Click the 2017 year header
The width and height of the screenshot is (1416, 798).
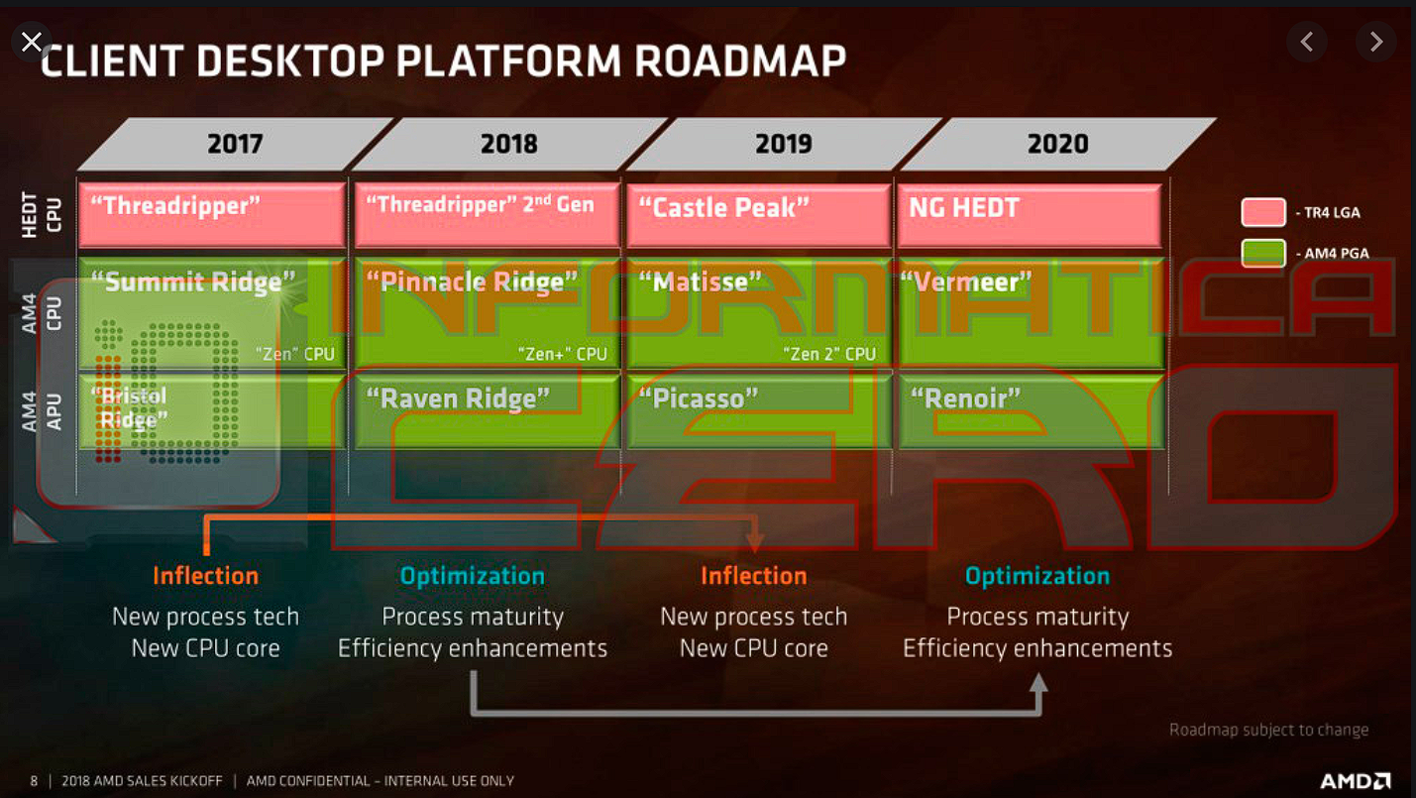[x=235, y=144]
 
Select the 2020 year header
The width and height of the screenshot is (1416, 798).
[x=1057, y=144]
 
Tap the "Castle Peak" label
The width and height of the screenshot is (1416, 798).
[x=723, y=207]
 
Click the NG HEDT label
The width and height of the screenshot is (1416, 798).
[x=964, y=207]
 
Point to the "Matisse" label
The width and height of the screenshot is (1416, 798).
[x=701, y=282]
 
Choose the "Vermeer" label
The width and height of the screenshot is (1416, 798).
[x=966, y=282]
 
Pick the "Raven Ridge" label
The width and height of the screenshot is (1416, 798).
[x=459, y=399]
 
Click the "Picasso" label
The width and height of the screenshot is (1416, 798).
[x=699, y=399]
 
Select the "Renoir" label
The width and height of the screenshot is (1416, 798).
[x=965, y=399]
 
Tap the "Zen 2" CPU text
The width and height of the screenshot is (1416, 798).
[x=829, y=354]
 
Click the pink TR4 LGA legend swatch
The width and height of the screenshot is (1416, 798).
[x=1263, y=212]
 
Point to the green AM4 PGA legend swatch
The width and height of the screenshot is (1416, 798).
[x=1263, y=253]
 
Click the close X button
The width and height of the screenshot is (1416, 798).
[x=32, y=42]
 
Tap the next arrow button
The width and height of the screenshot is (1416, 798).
[x=1376, y=42]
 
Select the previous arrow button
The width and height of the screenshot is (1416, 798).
[x=1307, y=42]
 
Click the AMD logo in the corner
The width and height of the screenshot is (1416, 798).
[x=1356, y=781]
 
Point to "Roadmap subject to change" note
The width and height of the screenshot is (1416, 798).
[x=1268, y=730]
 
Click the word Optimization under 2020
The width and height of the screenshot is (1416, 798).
[x=1037, y=576]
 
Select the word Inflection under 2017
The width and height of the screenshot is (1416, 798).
[x=205, y=575]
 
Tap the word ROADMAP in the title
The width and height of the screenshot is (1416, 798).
[x=740, y=61]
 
